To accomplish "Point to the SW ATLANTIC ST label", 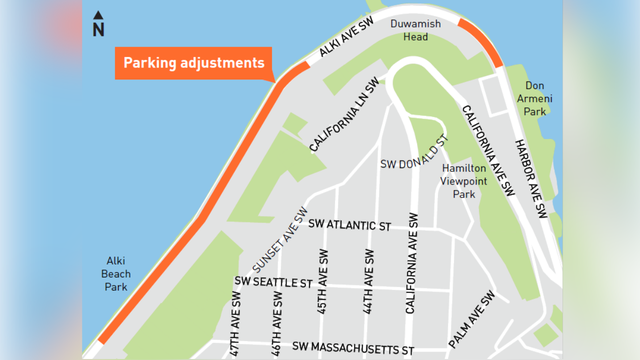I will (349, 225).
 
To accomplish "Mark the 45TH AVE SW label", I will (323, 288).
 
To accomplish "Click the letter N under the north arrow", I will (98, 29).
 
